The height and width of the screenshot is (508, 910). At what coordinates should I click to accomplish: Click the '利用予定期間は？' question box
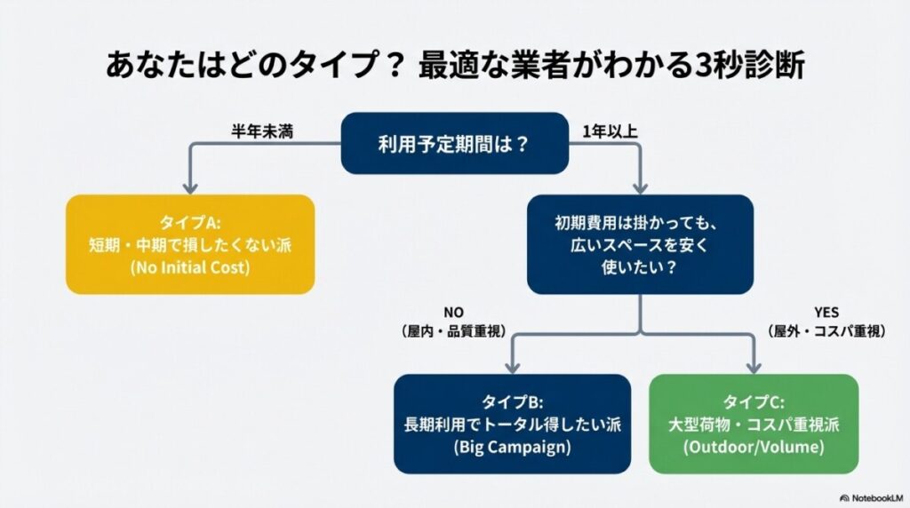(x=455, y=142)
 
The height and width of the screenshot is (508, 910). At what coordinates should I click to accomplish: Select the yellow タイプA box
(x=190, y=244)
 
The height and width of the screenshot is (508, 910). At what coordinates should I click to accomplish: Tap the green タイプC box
(x=754, y=424)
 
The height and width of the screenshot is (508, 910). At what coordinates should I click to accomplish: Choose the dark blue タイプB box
(x=512, y=424)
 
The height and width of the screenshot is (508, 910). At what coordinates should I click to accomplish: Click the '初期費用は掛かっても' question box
(x=640, y=244)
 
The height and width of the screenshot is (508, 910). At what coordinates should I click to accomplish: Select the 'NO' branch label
(x=454, y=312)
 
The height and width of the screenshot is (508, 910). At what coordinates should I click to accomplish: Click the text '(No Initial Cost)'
(x=190, y=267)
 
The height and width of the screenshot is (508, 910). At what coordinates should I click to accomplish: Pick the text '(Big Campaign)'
(x=512, y=447)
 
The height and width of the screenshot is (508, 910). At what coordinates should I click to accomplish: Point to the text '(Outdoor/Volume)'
(x=754, y=447)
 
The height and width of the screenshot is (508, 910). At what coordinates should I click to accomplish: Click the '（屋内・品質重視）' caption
(x=454, y=330)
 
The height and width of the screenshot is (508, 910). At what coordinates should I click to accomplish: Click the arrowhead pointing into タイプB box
(x=512, y=367)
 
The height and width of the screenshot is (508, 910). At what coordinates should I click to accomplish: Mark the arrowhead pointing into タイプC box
(x=754, y=367)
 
